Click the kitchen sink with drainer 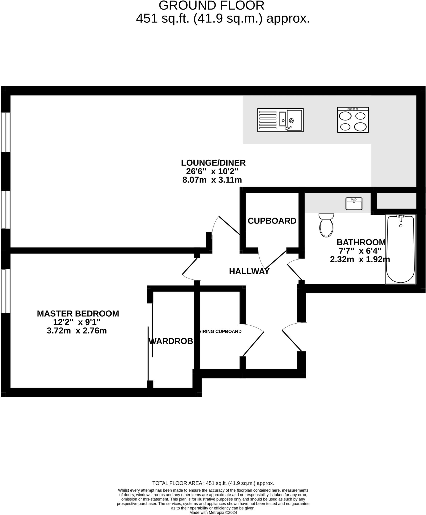click(x=280, y=120)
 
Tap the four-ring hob click(x=353, y=120)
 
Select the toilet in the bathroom click(x=326, y=225)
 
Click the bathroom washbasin click(x=354, y=204)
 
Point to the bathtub click(x=400, y=249)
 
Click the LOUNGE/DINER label click(x=213, y=163)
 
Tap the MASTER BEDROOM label click(x=78, y=314)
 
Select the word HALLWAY click(x=249, y=271)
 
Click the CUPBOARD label click(x=272, y=221)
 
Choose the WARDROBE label click(x=172, y=341)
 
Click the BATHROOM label click(x=361, y=242)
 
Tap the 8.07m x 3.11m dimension click(x=212, y=180)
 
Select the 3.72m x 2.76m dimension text click(x=77, y=331)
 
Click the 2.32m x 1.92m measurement click(x=360, y=260)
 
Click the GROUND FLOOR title click(x=211, y=6)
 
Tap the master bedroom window click(x=6, y=291)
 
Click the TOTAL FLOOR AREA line click(x=213, y=483)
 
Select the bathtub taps click(x=401, y=217)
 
